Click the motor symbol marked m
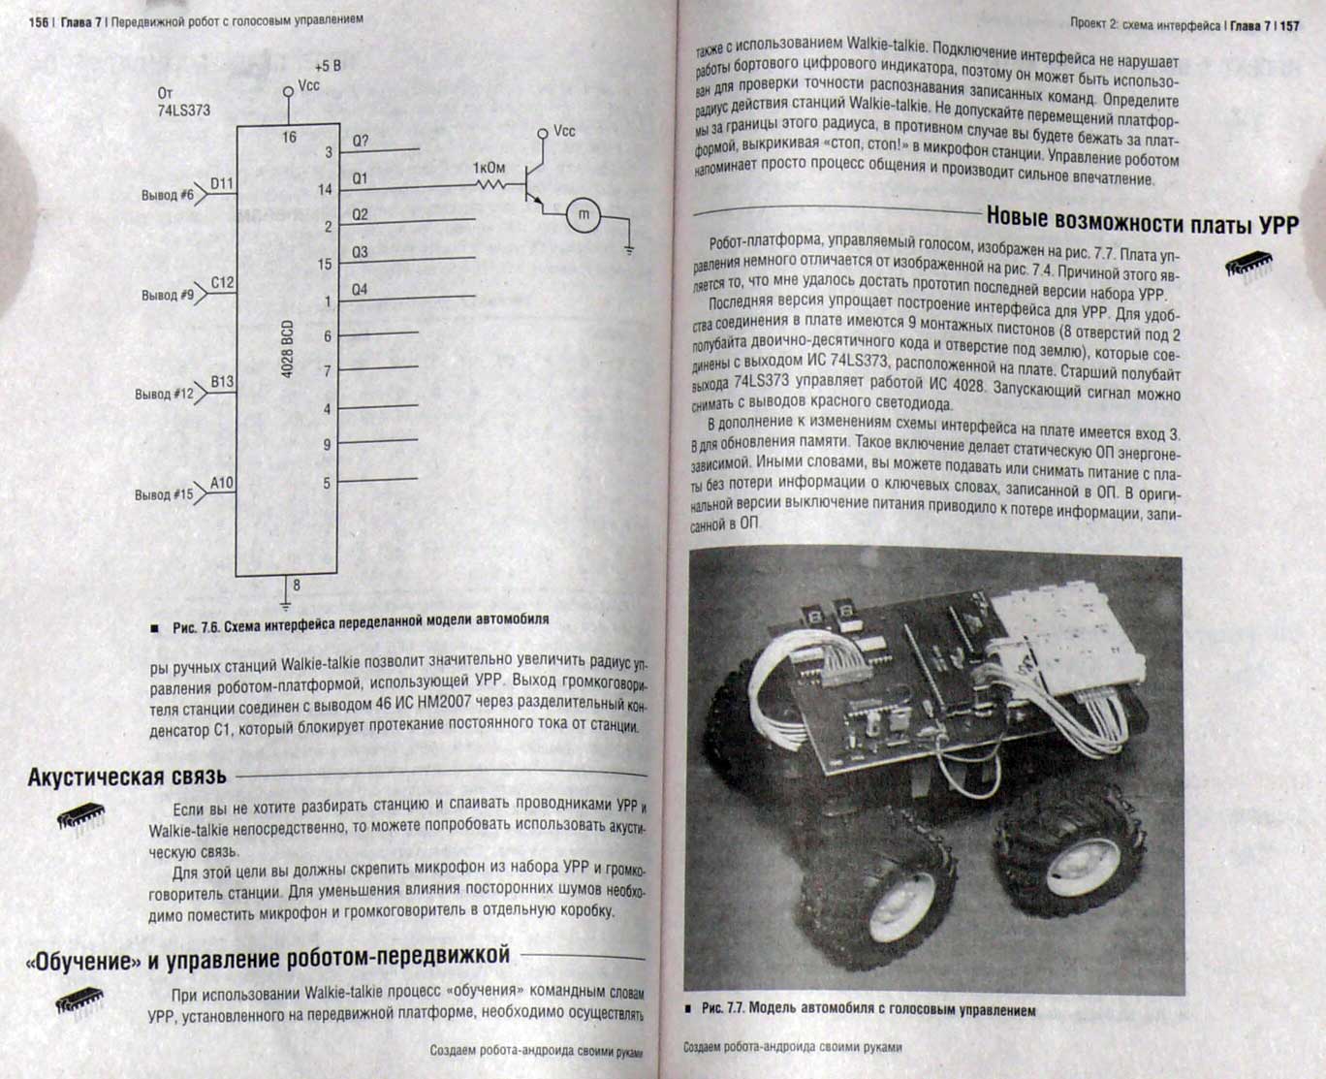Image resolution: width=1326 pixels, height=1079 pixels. pyautogui.click(x=584, y=216)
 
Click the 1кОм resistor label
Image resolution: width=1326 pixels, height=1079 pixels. pyautogui.click(x=489, y=168)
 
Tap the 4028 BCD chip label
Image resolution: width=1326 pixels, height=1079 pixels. pyautogui.click(x=288, y=349)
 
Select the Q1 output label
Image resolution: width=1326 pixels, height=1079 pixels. pyautogui.click(x=360, y=178)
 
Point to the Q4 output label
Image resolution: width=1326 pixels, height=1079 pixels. pyautogui.click(x=360, y=290)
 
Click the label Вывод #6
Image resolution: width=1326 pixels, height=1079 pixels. pyautogui.click(x=168, y=195)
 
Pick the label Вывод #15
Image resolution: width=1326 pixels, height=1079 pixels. pyautogui.click(x=164, y=494)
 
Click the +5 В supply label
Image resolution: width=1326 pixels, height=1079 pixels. pyautogui.click(x=327, y=67)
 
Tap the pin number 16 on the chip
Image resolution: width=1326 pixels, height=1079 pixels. pyautogui.click(x=289, y=138)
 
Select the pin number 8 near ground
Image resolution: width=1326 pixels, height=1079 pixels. pyautogui.click(x=297, y=586)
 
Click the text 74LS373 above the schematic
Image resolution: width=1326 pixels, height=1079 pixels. pyautogui.click(x=184, y=111)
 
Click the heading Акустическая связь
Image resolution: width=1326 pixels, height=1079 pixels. pyautogui.click(x=127, y=777)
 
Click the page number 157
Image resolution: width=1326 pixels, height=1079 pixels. pyautogui.click(x=1289, y=26)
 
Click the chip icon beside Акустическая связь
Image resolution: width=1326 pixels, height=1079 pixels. pyautogui.click(x=80, y=818)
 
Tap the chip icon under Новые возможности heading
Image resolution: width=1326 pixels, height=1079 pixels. pyautogui.click(x=1249, y=266)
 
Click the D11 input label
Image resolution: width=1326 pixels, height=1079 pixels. pyautogui.click(x=222, y=183)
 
